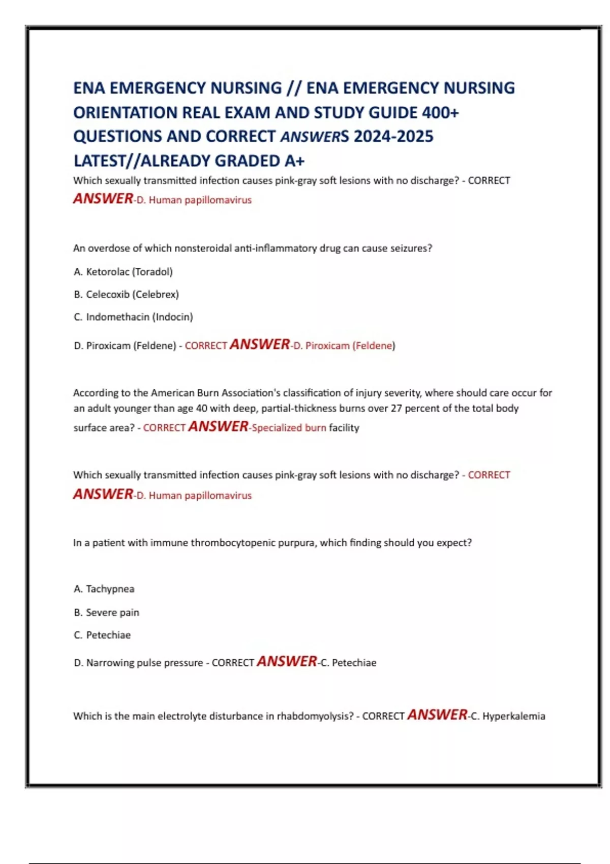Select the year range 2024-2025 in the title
393,136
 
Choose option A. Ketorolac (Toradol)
124,272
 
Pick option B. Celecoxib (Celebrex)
127,294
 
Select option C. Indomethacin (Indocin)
134,317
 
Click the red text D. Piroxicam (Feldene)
344,346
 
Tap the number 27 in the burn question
396,409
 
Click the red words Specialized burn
289,428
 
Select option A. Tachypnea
104,589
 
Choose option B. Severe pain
107,612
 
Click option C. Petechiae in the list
103,635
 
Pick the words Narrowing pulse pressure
144,663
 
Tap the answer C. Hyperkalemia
508,716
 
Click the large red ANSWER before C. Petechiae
287,661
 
